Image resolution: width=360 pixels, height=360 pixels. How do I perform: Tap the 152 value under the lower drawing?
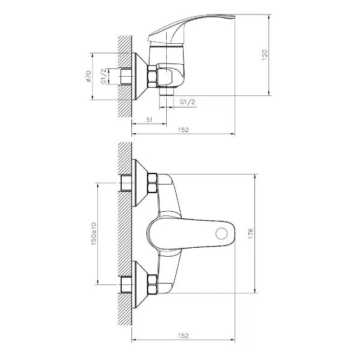[184, 335]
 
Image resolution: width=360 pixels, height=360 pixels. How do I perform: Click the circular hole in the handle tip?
[223, 233]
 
